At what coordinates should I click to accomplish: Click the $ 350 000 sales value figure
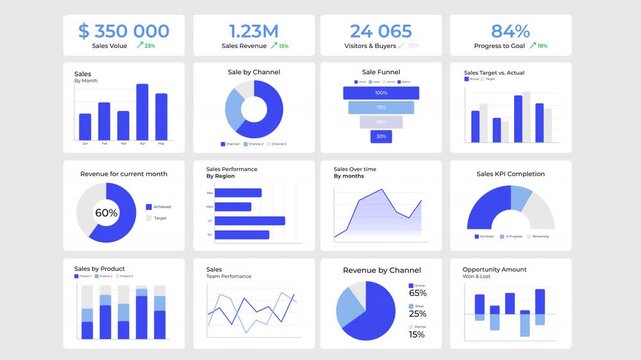click(x=123, y=31)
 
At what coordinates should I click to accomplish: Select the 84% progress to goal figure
click(x=510, y=31)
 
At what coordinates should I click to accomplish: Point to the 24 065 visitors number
click(x=381, y=31)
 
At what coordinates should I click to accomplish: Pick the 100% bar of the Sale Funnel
click(x=381, y=92)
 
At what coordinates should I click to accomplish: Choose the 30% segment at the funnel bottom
click(x=381, y=136)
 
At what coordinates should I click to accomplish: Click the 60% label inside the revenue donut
click(x=106, y=213)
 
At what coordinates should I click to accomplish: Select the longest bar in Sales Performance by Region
click(x=250, y=221)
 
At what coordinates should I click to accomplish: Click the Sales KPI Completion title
click(x=510, y=174)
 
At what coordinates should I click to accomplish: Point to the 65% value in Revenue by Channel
click(x=417, y=293)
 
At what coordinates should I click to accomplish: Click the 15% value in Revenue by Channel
click(x=416, y=334)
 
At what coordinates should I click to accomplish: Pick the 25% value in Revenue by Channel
click(x=417, y=314)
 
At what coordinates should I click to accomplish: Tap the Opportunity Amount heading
click(x=494, y=270)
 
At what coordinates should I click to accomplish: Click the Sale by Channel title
click(x=254, y=72)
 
